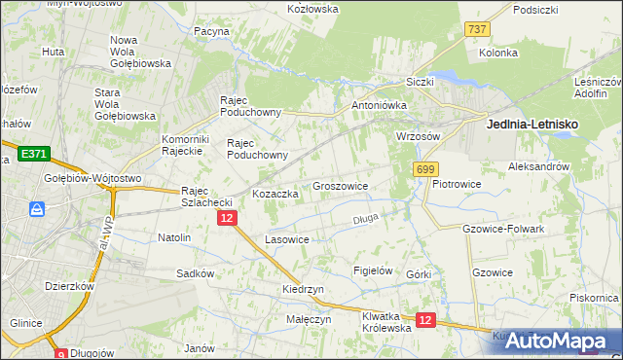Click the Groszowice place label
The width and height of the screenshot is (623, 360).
coord(340,185)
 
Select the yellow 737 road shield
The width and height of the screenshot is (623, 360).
coord(476,29)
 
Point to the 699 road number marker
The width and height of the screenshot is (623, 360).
coord(423,168)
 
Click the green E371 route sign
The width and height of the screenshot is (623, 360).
coord(31,154)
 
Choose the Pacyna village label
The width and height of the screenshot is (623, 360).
coord(211,31)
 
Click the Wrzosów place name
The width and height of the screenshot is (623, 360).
coord(419,135)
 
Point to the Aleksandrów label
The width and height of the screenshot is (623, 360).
coord(538,166)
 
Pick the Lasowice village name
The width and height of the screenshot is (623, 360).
coord(287,238)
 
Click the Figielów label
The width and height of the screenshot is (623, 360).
coord(372,271)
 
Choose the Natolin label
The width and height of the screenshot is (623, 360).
coord(174,236)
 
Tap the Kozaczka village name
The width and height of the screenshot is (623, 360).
coord(275,194)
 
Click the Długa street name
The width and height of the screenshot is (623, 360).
coord(365,220)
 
